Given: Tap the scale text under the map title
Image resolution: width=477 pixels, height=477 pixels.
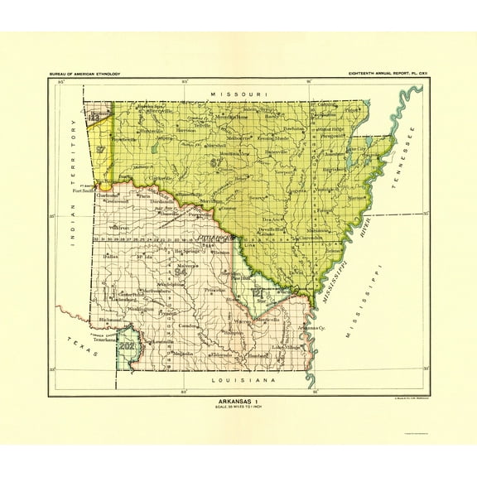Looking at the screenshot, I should point(238,403).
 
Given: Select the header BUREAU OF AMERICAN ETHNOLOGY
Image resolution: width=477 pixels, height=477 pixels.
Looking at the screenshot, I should point(85,75).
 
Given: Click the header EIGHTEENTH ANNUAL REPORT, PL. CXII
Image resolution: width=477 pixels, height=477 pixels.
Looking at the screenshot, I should point(388,75).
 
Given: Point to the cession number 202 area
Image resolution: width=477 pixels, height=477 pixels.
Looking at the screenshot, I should point(126,345).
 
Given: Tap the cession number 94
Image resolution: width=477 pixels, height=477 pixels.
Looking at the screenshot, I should point(181,270).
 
